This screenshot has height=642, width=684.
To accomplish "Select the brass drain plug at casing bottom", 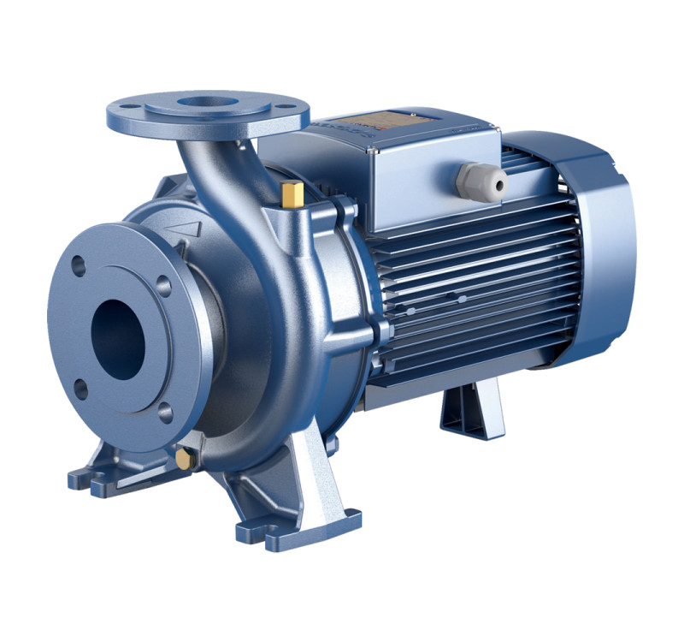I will (183, 460).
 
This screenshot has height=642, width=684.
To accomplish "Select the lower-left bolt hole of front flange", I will (80, 390).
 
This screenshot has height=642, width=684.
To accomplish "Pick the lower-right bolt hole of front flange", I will (165, 412).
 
